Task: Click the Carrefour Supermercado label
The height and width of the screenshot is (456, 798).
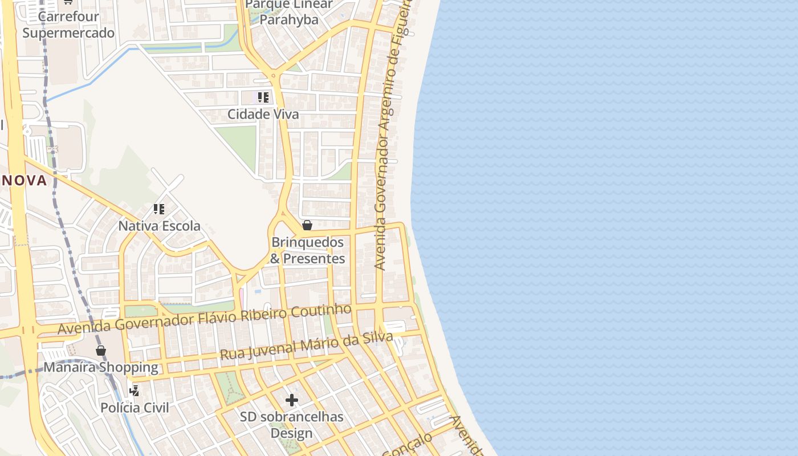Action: coord(68,25)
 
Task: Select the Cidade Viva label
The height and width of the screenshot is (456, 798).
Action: coord(263,114)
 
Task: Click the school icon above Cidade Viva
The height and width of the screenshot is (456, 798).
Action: coord(263,97)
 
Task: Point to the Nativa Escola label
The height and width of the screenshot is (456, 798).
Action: coord(159,226)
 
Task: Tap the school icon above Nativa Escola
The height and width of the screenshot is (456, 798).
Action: coord(159,209)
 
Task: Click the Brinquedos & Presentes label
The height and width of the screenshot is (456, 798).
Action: coord(308,250)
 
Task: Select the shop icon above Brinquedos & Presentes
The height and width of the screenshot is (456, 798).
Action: coord(307,225)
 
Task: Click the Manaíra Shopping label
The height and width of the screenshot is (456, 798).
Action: coord(101,367)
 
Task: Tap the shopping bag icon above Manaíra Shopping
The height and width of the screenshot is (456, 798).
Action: coord(101,350)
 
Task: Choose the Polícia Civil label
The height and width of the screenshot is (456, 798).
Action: coord(135,408)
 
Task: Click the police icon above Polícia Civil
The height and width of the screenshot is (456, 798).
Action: coord(135,390)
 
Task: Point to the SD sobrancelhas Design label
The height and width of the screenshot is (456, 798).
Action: coord(291,425)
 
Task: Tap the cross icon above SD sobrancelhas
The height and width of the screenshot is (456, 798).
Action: coord(292,400)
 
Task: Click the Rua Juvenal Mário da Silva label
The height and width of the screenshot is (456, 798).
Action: coord(306,346)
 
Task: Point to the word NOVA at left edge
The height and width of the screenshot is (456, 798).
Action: coord(24,181)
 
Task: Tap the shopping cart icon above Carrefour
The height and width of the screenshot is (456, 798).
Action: coord(68,2)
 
